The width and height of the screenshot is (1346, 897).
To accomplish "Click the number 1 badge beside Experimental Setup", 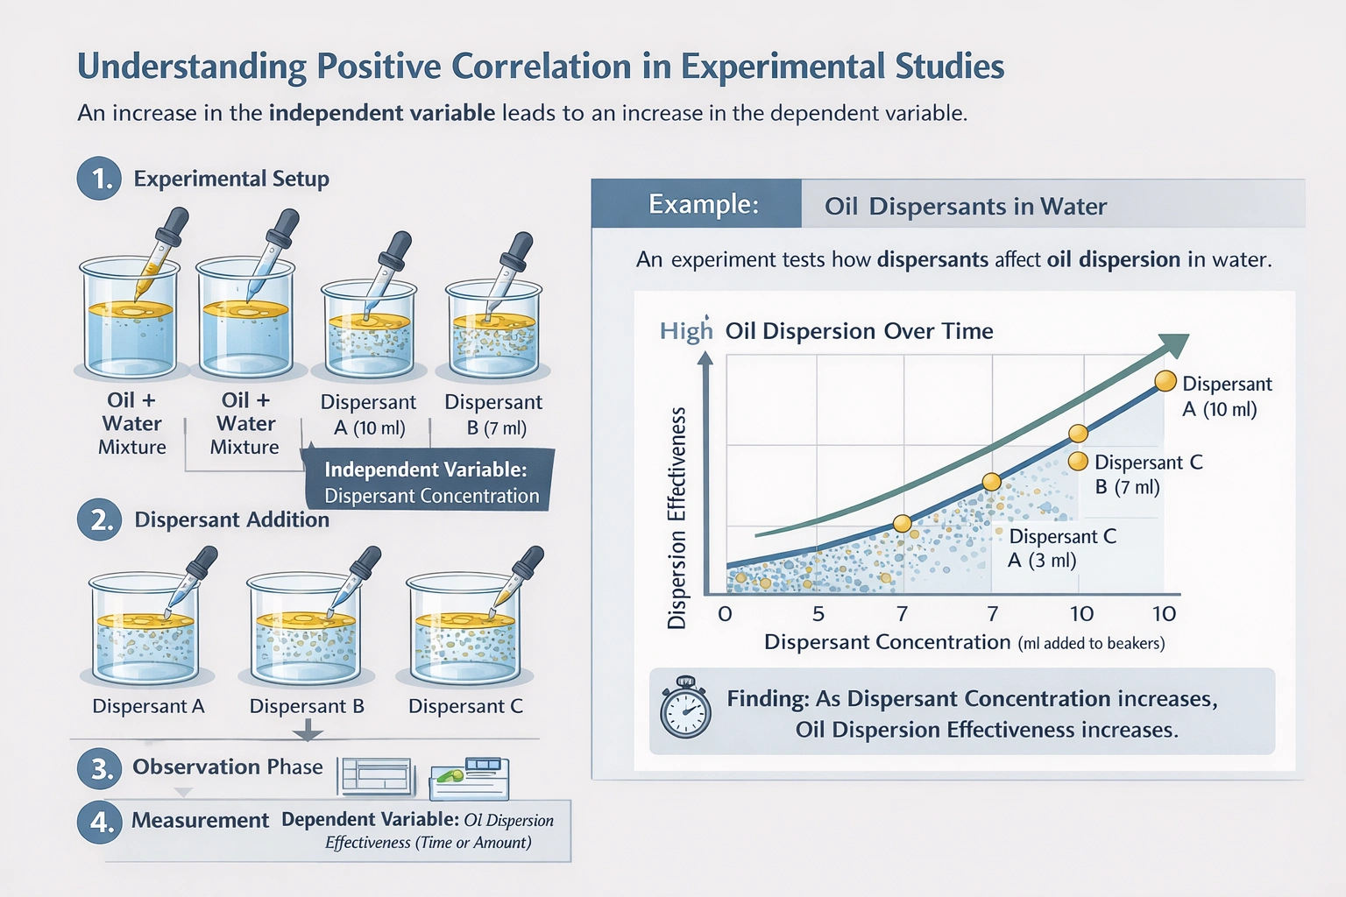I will point(99,179).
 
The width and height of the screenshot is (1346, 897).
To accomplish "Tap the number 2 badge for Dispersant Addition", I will point(100,519).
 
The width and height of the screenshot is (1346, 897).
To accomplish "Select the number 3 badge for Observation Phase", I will point(100,767).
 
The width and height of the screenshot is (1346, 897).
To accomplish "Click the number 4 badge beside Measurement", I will point(100,822).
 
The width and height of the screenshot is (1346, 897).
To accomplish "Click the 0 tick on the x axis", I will point(725,613).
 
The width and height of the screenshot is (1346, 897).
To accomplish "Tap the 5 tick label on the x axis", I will point(818,613).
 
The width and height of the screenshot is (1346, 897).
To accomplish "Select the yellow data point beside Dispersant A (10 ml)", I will point(1165,381).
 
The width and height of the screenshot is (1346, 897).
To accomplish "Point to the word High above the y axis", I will point(686,331).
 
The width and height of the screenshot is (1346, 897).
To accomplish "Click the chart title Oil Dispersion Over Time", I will point(859,331).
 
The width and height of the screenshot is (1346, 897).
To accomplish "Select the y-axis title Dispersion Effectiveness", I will point(677,518).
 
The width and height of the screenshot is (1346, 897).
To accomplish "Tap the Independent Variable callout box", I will point(429,482).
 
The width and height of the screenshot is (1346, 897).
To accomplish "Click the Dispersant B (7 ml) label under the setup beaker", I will point(493,414).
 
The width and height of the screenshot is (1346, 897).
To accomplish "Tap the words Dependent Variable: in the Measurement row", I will point(370,820).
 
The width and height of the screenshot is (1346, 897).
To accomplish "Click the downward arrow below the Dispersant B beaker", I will point(307,729).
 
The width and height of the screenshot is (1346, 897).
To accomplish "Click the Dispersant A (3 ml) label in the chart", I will point(1061,548).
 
